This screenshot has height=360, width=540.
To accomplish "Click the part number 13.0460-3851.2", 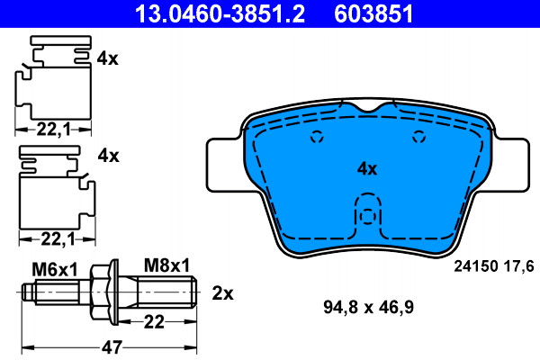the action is (220, 13).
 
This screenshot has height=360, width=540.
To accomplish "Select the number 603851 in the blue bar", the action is (373, 13).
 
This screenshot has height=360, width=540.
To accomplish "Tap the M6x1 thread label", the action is (55, 269).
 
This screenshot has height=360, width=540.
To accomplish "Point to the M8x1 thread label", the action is (166, 265).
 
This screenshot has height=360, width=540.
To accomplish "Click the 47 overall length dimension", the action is (112, 346).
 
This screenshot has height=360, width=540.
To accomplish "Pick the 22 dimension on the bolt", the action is (154, 322).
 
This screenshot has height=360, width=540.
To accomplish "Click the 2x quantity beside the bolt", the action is (222, 293).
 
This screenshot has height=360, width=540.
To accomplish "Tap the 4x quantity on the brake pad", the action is (367, 169).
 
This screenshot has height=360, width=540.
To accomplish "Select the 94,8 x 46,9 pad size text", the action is (368, 307).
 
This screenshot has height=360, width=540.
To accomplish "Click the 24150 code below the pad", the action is (476, 266).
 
